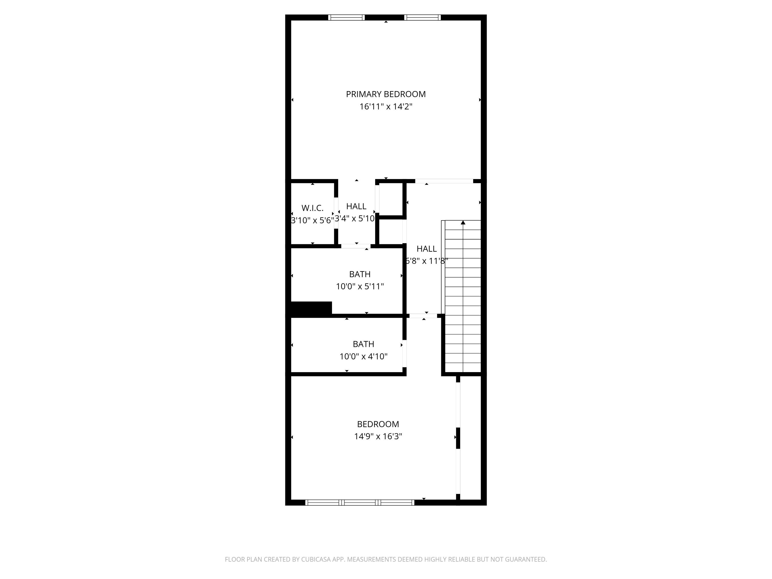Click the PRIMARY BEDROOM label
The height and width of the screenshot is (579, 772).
tap(386, 94)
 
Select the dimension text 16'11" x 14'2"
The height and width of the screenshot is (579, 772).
tap(386, 107)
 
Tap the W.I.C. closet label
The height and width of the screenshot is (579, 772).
tap(312, 208)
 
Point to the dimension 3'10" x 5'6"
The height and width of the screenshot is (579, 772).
tap(312, 221)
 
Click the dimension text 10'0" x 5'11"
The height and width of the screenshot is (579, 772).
tap(360, 286)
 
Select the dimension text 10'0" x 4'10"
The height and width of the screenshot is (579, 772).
tap(363, 356)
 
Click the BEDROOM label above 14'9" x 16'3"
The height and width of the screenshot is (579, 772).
tap(378, 424)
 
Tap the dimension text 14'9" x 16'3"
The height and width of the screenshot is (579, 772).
tap(378, 436)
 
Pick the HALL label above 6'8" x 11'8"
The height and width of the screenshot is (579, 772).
tap(426, 249)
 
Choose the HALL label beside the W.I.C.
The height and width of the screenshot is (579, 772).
tap(356, 206)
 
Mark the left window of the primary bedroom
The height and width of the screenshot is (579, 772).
tap(346, 17)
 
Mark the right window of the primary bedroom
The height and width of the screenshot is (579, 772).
tap(422, 17)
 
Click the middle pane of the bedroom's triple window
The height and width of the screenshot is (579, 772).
tap(360, 503)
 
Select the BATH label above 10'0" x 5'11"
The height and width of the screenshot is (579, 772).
tap(360, 274)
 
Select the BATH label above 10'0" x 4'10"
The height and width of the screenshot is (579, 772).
tap(363, 344)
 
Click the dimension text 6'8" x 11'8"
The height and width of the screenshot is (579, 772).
tap(426, 261)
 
